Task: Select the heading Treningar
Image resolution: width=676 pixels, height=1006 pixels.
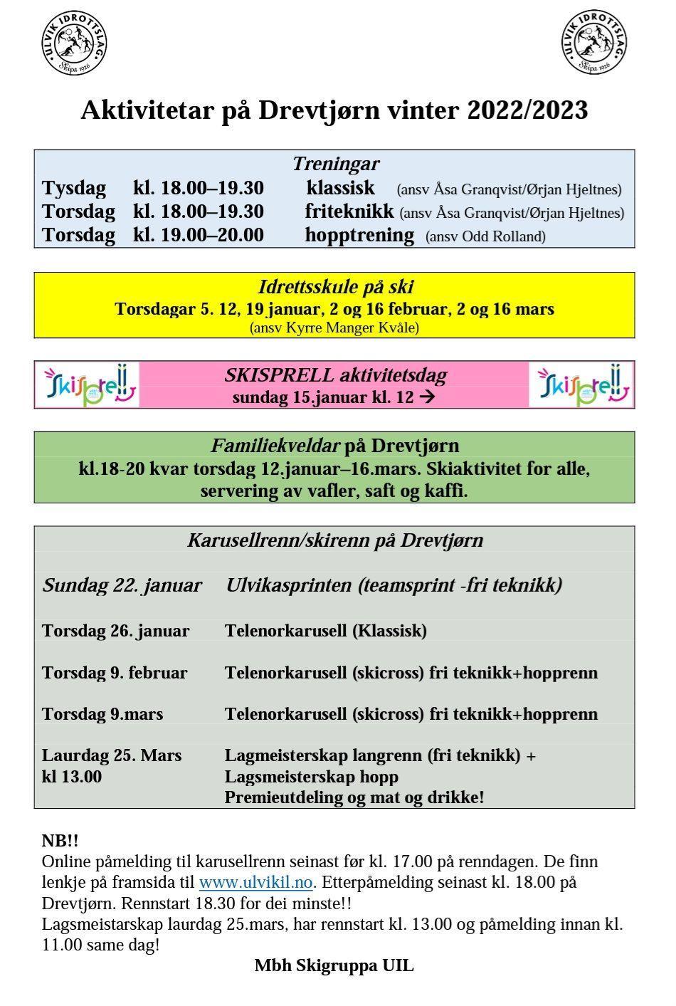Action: (x=335, y=164)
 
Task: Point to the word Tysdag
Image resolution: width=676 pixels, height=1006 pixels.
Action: (x=74, y=189)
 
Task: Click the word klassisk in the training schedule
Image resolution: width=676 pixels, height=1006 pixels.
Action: (x=340, y=188)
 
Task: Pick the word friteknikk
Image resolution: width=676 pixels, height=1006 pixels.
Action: (x=349, y=211)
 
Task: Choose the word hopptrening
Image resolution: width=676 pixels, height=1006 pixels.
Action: (x=359, y=235)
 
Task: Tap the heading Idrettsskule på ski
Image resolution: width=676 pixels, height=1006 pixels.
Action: (x=335, y=288)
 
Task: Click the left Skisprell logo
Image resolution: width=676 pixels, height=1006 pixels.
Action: (x=88, y=384)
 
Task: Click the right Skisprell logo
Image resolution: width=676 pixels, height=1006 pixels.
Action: (x=582, y=384)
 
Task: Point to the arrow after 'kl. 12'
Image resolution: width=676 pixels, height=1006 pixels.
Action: (x=427, y=397)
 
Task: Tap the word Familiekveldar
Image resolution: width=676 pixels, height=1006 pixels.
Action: (x=275, y=446)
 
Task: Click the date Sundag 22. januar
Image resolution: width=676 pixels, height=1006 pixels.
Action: (x=122, y=585)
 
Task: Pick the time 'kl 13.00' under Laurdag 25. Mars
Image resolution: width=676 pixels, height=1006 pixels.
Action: (x=72, y=776)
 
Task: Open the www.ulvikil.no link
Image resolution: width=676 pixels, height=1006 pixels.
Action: (x=255, y=883)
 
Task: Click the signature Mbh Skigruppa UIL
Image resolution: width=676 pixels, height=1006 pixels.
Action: (x=334, y=965)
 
